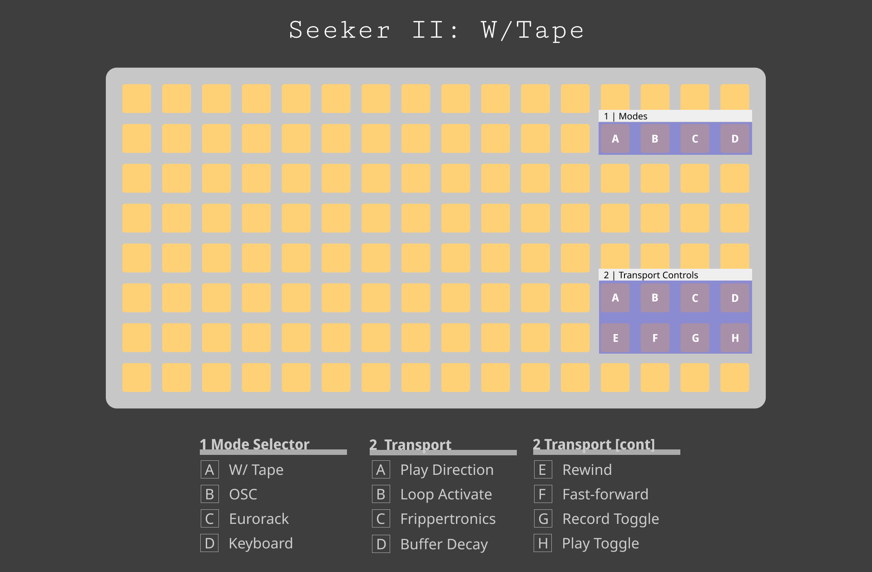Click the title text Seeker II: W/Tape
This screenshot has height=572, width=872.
pyautogui.click(x=436, y=30)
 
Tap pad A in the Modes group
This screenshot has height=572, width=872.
pyautogui.click(x=615, y=138)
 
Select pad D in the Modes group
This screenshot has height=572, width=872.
pyautogui.click(x=734, y=138)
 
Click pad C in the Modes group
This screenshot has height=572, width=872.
pyautogui.click(x=695, y=138)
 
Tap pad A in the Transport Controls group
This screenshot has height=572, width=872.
pyautogui.click(x=615, y=298)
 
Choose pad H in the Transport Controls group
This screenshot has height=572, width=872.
pyautogui.click(x=734, y=338)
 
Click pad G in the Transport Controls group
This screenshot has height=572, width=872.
pyautogui.click(x=695, y=338)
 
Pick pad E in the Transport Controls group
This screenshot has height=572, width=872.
pyautogui.click(x=615, y=338)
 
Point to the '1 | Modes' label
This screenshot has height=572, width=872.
pyautogui.click(x=625, y=116)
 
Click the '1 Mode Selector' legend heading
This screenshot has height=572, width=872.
pyautogui.click(x=254, y=444)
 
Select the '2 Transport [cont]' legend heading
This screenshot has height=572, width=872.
pyautogui.click(x=594, y=444)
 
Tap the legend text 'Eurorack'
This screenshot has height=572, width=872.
pyautogui.click(x=258, y=518)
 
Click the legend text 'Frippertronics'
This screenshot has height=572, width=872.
pyautogui.click(x=447, y=518)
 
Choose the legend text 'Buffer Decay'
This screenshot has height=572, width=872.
pyautogui.click(x=444, y=544)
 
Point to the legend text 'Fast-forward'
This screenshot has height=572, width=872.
pyautogui.click(x=605, y=494)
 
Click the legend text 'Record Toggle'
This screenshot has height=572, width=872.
pyautogui.click(x=610, y=518)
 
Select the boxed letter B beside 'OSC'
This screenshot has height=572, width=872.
pyautogui.click(x=209, y=494)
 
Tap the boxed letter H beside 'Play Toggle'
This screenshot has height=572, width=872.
pyautogui.click(x=543, y=543)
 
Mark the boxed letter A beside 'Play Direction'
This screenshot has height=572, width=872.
pyautogui.click(x=381, y=469)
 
